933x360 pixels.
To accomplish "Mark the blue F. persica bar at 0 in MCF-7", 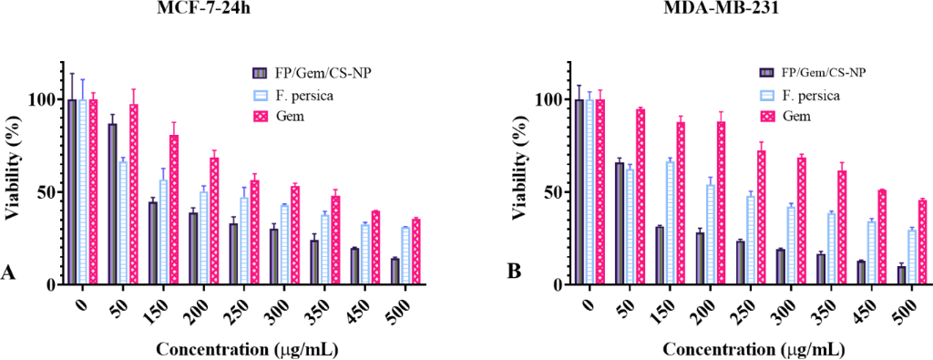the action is click(83, 192).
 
